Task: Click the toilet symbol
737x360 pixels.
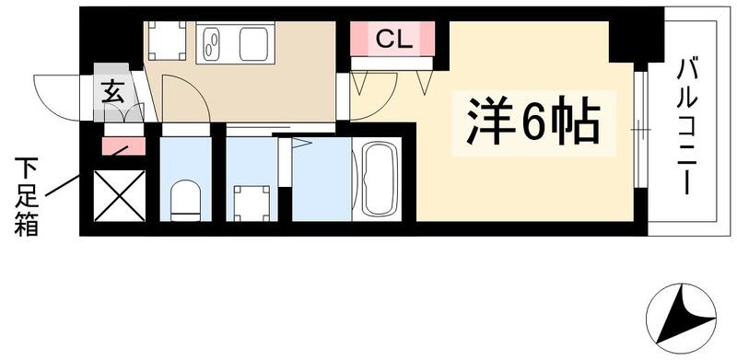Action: pyautogui.click(x=185, y=199)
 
